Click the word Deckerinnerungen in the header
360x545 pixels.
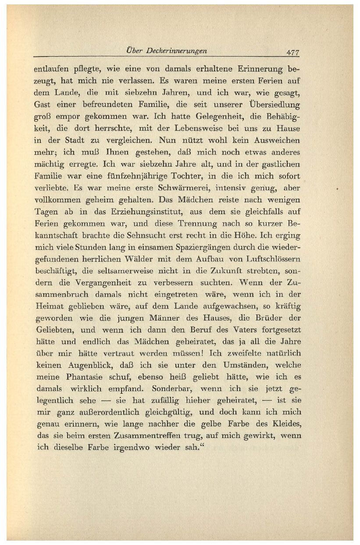click(x=177, y=51)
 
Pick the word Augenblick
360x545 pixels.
click(x=86, y=365)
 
